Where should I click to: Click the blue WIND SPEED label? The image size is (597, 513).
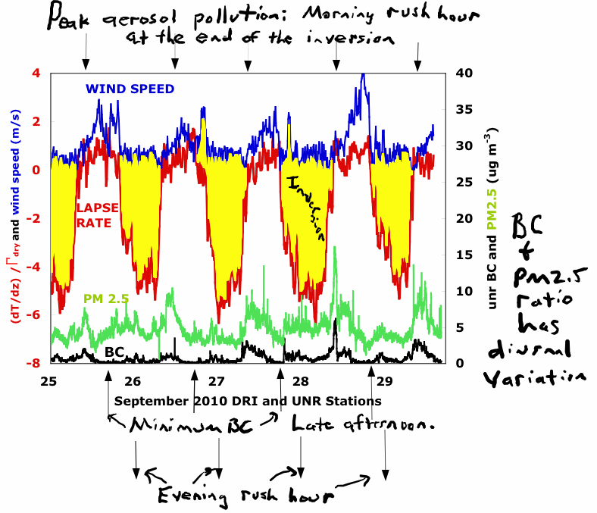click(130, 89)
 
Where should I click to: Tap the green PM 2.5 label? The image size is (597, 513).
click(107, 299)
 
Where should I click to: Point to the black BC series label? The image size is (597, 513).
click(114, 352)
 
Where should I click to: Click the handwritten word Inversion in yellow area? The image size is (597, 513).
click(308, 208)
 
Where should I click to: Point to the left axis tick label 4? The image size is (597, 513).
click(36, 74)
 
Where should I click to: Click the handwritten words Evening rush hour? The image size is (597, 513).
click(246, 497)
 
